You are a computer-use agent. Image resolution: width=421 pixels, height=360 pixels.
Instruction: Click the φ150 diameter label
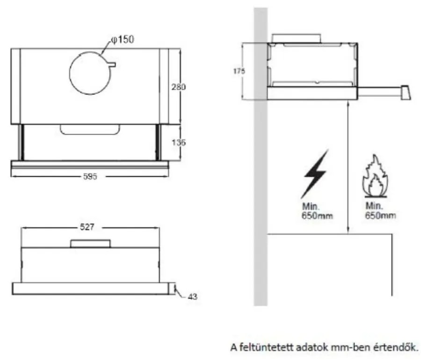[123, 39]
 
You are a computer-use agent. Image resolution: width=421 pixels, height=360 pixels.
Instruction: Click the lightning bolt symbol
[315, 173]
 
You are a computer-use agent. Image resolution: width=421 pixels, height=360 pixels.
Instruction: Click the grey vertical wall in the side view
[260, 187]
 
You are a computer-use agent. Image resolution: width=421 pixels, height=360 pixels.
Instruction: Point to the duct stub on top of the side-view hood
[297, 38]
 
